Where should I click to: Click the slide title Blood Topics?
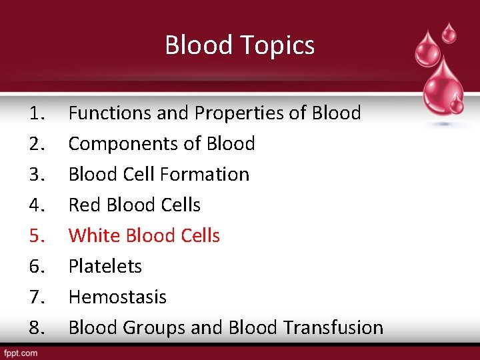point(239,45)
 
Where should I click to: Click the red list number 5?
point(37,236)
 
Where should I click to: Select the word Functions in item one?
point(110,113)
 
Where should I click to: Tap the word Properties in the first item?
point(240,113)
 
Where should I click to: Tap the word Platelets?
point(105,267)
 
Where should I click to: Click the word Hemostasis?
point(117,297)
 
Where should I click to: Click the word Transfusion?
point(333,328)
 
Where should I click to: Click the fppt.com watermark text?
point(21,353)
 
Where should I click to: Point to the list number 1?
point(37,113)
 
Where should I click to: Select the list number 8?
point(37,328)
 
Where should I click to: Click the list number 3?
point(37,175)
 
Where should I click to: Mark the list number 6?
point(37,267)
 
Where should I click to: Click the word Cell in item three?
point(138,175)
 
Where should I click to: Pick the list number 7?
point(37,297)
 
